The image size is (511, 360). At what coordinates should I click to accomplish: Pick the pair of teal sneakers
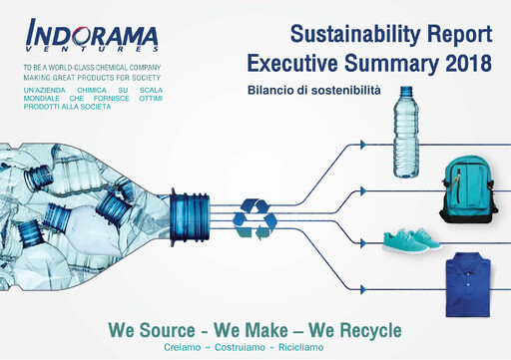coord(411,240)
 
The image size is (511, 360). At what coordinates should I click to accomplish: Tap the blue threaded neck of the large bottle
coord(188,215)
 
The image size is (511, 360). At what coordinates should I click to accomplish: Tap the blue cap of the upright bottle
coord(405,91)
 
